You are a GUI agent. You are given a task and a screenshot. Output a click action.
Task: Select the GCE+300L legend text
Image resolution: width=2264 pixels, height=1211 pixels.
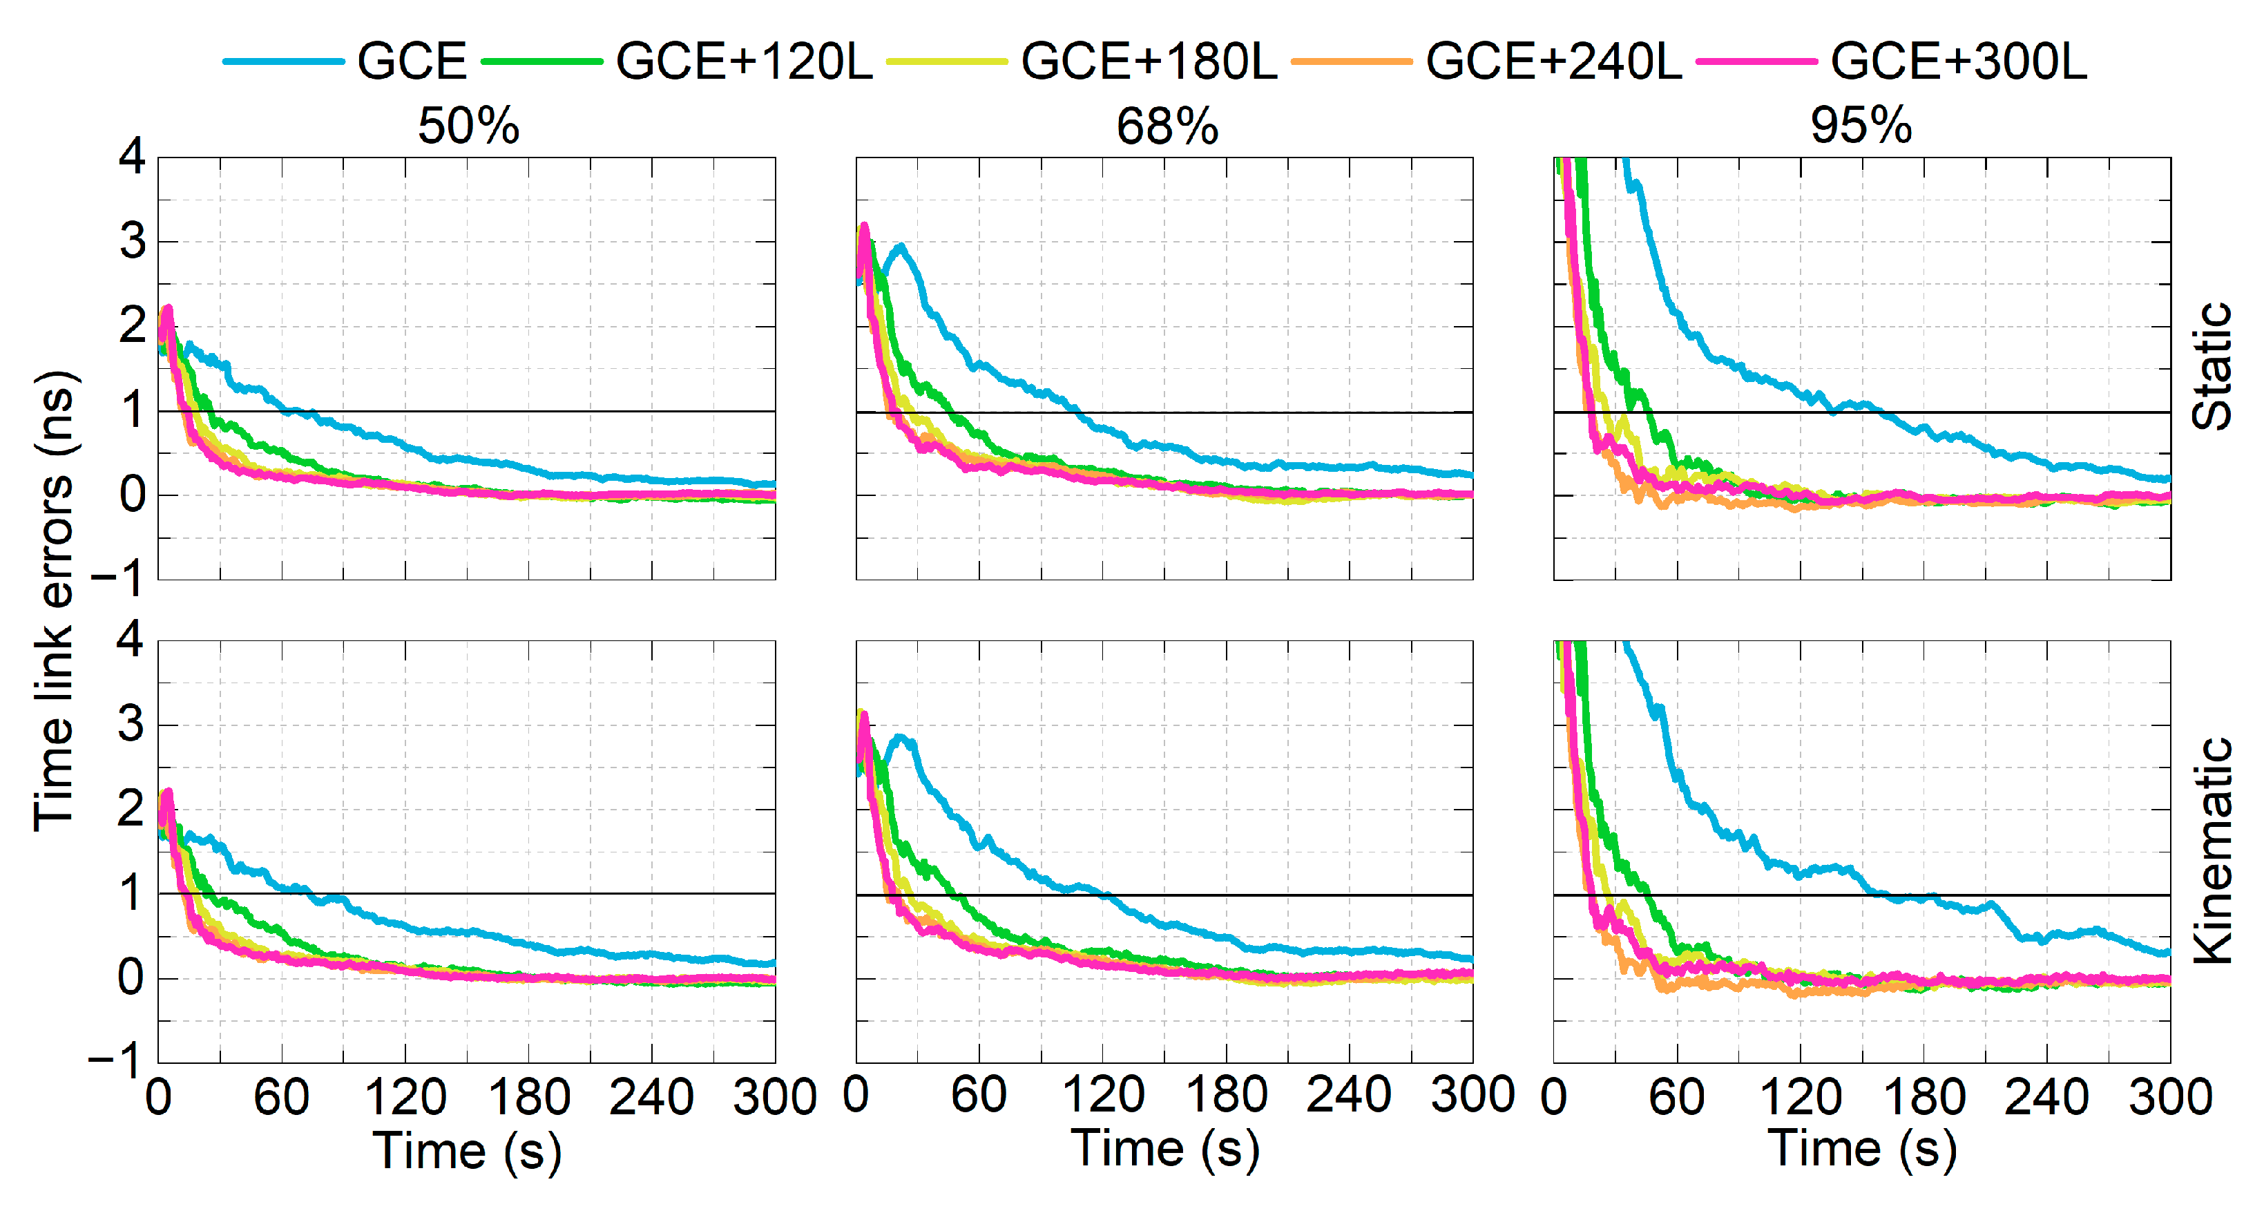(x=1958, y=61)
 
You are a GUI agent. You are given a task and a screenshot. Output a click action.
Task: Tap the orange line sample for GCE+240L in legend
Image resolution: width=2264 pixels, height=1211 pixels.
(x=1352, y=61)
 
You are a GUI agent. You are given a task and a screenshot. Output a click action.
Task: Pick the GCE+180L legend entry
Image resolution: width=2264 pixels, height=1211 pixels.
(x=1149, y=61)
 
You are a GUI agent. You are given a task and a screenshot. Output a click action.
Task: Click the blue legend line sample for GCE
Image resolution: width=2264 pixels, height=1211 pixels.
(x=283, y=61)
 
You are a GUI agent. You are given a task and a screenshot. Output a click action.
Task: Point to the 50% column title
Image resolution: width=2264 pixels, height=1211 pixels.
(x=468, y=126)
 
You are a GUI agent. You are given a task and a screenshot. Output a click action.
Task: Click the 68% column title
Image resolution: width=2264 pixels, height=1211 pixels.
(x=1167, y=126)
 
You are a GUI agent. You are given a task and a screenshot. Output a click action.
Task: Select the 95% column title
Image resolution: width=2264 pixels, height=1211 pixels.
(x=1861, y=126)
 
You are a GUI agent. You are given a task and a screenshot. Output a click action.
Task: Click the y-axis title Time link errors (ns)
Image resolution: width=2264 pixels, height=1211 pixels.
(x=55, y=601)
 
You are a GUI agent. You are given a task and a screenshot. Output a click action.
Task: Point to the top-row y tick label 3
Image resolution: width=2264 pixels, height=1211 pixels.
(x=132, y=241)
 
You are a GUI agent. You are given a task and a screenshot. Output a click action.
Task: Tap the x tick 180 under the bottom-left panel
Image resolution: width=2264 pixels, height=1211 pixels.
(x=529, y=1098)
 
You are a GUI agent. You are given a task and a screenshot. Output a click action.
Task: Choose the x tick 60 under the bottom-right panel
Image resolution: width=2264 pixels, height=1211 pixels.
(x=1676, y=1098)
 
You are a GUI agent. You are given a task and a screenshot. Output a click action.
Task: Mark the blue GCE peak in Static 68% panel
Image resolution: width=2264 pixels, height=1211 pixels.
(x=900, y=246)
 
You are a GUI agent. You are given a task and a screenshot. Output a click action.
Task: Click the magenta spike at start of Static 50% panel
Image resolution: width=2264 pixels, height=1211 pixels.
(x=167, y=309)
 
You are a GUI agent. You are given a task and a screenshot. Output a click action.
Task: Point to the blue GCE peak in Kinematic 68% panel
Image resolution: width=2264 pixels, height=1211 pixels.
(x=900, y=736)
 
